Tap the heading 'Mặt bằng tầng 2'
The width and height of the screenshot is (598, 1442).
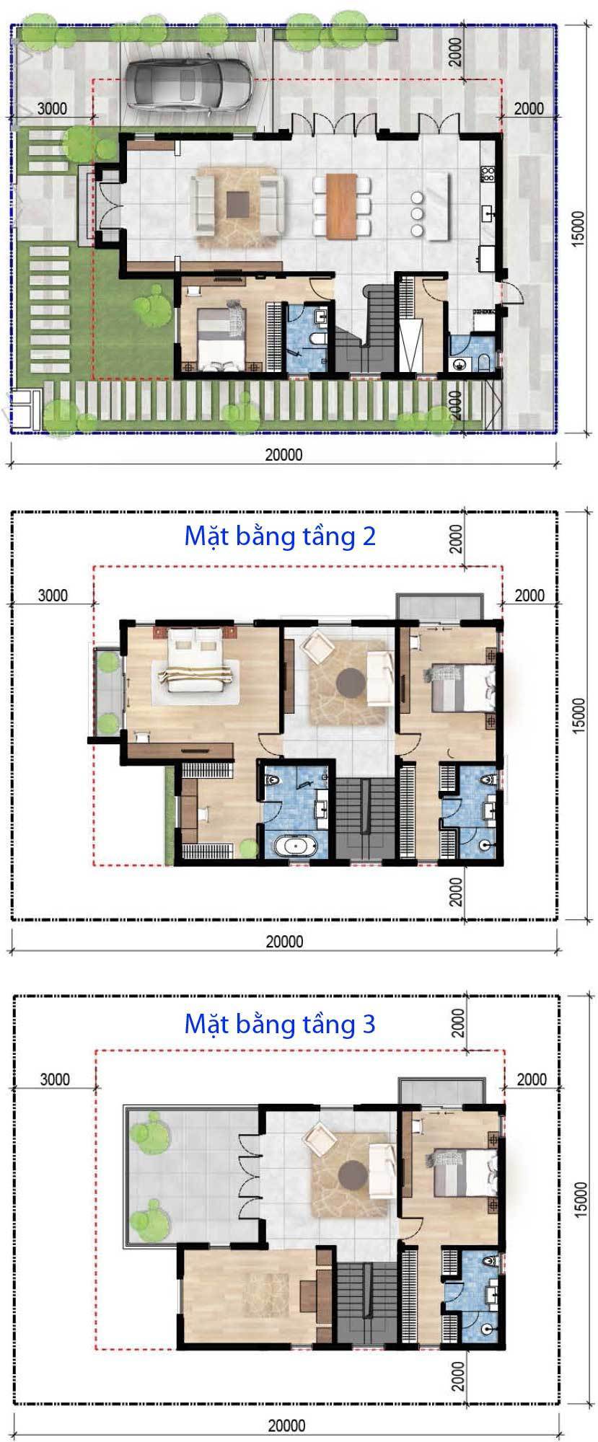(x=280, y=536)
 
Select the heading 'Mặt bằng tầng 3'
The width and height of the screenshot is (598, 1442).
(x=280, y=1024)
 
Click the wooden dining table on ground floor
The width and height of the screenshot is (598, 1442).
(x=342, y=206)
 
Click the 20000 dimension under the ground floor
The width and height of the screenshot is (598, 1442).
(x=283, y=455)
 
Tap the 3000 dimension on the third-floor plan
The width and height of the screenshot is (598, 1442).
(x=55, y=1079)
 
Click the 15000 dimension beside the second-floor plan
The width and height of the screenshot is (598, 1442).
(x=579, y=715)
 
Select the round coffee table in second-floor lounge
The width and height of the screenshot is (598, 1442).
(x=351, y=681)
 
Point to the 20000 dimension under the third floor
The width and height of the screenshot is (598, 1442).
(x=286, y=1426)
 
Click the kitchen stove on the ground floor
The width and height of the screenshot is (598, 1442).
(x=488, y=174)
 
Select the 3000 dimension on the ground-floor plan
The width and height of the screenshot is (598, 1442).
(x=51, y=109)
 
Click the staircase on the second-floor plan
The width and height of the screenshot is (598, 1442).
(x=367, y=819)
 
